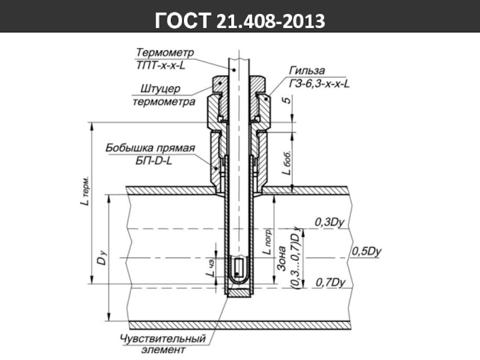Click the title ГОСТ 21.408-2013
click(x=239, y=20)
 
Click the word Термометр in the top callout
click(x=164, y=52)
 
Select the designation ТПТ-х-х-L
click(x=161, y=65)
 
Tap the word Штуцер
click(x=160, y=89)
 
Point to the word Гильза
click(x=307, y=71)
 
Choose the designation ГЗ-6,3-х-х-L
click(x=319, y=83)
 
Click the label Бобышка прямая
click(x=150, y=148)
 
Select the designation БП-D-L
click(x=154, y=160)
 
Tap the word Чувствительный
click(x=163, y=339)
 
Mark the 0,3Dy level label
click(x=329, y=222)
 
